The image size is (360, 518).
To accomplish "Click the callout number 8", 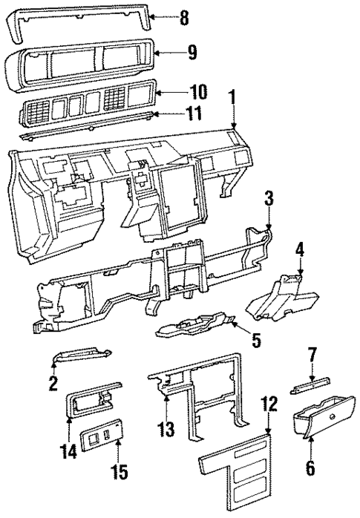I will tap(184, 16).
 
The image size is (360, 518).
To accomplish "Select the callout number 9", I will tap(192, 53).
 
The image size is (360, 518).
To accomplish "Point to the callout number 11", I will tap(195, 114).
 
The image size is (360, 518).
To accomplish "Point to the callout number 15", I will tap(117, 472).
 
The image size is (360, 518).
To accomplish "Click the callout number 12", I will tap(269, 404).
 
